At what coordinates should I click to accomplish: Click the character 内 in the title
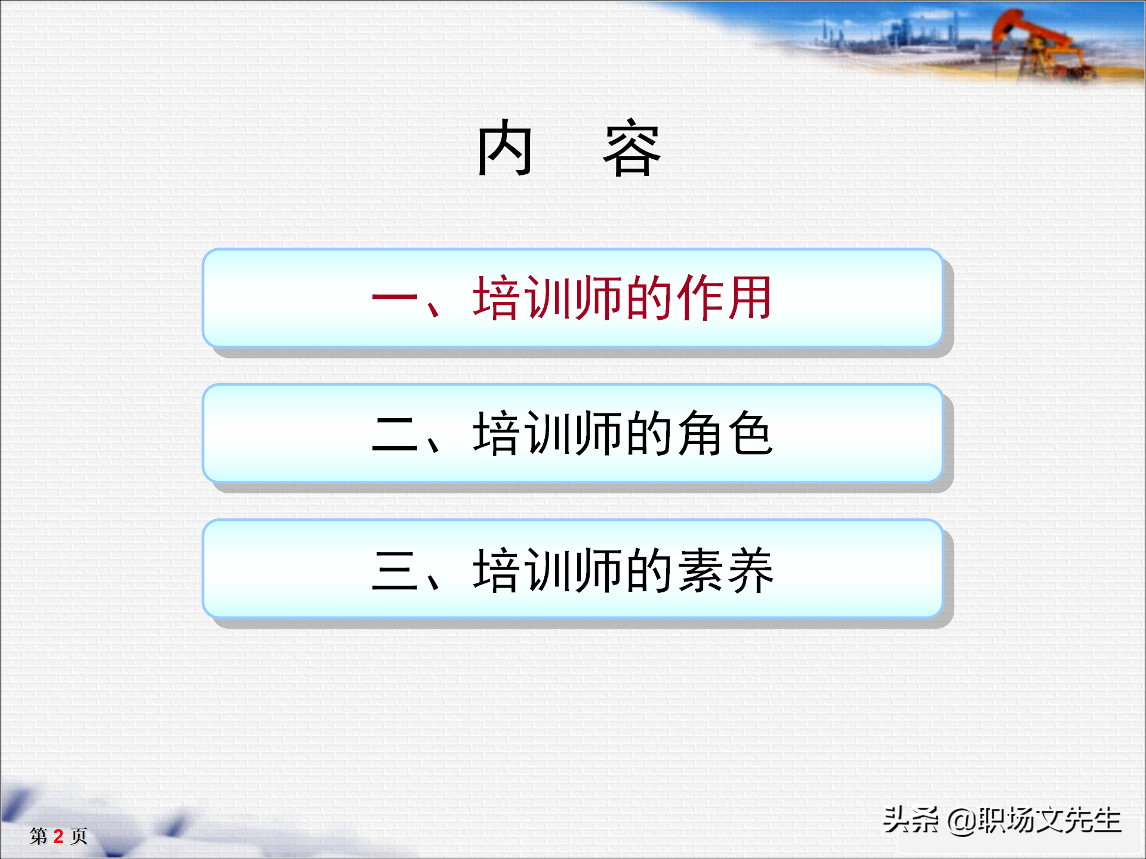coord(504,147)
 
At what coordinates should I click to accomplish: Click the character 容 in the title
coord(632,149)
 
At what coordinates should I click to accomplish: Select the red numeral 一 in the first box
coord(395,298)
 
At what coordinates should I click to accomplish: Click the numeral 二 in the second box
coord(395,434)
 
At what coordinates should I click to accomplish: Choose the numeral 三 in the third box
coord(395,571)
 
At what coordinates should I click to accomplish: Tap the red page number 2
coord(58,836)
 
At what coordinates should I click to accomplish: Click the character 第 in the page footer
coord(39,836)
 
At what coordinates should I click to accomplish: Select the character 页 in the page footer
coord(79,836)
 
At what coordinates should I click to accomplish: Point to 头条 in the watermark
coord(910,820)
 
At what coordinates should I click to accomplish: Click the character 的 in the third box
coord(650,571)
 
